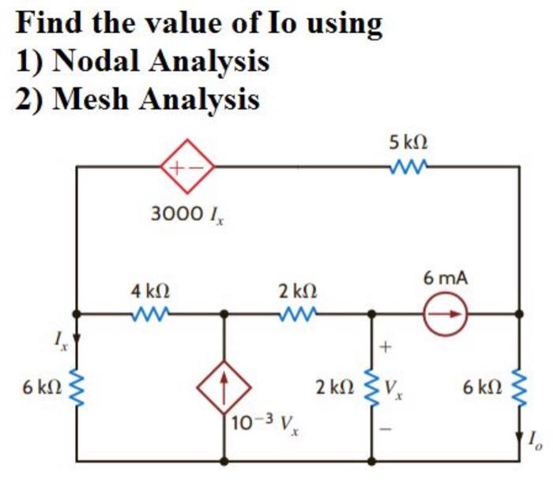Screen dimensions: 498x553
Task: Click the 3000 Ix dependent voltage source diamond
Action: point(186,167)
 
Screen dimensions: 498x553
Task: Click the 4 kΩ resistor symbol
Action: point(148,313)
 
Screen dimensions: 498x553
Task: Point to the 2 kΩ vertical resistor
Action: point(371,387)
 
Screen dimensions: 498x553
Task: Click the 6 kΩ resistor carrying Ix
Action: point(76,387)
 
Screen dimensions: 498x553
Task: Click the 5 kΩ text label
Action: point(408,143)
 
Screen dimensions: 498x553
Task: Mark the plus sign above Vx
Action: point(386,346)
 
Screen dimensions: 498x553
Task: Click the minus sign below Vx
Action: point(386,429)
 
